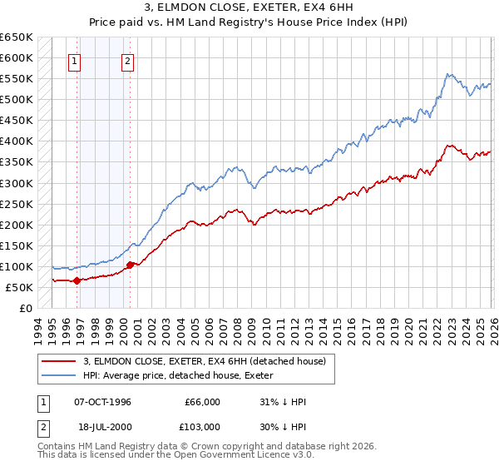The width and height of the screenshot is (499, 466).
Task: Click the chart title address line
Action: click(249, 8)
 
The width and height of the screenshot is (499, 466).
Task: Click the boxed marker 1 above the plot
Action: click(76, 60)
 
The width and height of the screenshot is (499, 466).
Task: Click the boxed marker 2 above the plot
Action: click(128, 60)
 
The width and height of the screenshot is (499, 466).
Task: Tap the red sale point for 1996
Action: click(77, 280)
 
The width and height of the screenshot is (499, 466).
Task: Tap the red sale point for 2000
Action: click(130, 265)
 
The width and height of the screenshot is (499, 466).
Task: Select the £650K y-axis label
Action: click(17, 37)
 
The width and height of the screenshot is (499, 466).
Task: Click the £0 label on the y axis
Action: click(25, 308)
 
